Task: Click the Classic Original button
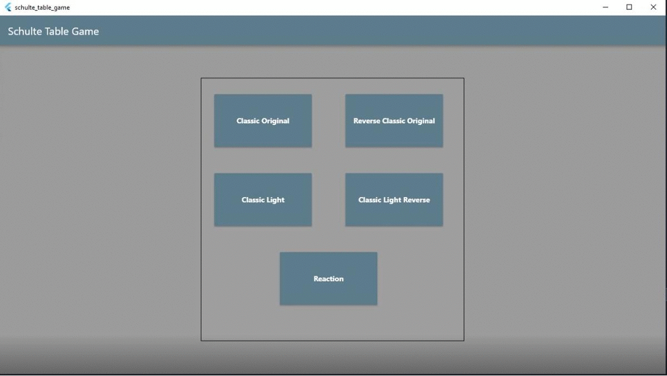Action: click(x=263, y=121)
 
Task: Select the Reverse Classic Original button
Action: click(x=394, y=121)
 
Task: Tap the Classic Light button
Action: click(x=263, y=200)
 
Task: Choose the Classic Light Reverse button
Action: click(x=394, y=200)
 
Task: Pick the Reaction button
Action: click(x=328, y=279)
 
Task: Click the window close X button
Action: click(x=653, y=7)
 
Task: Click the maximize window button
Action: click(x=629, y=7)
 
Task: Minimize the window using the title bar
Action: click(x=605, y=7)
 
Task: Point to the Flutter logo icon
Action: click(x=8, y=7)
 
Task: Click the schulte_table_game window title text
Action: click(x=42, y=8)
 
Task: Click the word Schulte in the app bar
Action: click(x=24, y=32)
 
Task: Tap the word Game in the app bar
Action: click(x=85, y=32)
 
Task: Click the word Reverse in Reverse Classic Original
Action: click(x=367, y=121)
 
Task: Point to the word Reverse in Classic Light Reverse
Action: click(x=417, y=200)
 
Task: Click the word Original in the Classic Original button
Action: click(x=276, y=121)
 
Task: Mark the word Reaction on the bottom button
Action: click(x=328, y=279)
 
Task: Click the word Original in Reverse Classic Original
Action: click(x=421, y=121)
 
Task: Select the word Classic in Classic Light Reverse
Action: click(x=370, y=200)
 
